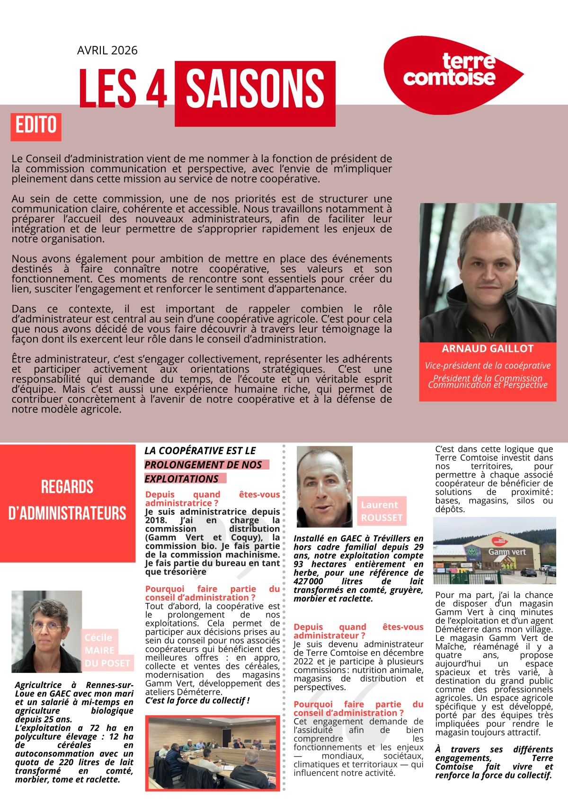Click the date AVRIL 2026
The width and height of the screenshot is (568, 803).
pos(107,51)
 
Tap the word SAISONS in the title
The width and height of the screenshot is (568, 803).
pos(255,88)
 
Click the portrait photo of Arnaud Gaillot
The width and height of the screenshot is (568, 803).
pos(488,272)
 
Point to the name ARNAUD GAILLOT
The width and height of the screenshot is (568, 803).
pos(488,349)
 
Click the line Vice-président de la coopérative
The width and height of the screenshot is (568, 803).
pos(488,365)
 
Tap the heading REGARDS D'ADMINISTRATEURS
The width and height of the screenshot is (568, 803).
pos(67,500)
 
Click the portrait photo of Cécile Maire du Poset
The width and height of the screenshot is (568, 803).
pos(46,631)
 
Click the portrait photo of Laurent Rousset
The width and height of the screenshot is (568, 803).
pos(324,486)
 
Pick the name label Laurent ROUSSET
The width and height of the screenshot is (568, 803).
pos(381,511)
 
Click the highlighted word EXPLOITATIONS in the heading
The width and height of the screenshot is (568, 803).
pos(182,479)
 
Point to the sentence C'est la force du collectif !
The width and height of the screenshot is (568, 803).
pos(197,700)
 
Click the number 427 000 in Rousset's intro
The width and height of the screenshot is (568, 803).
pos(309,581)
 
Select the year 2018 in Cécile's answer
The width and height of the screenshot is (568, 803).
pos(156,520)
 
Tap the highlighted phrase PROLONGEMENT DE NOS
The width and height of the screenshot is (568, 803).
pos(203,465)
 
